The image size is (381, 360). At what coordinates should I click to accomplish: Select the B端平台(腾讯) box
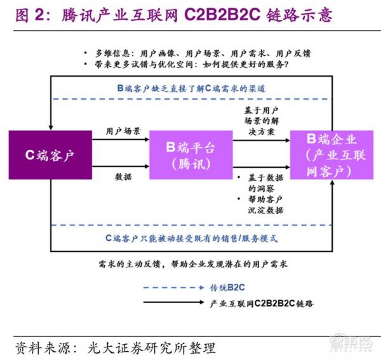(190, 155)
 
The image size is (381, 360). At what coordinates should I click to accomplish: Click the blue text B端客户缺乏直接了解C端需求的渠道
(190, 89)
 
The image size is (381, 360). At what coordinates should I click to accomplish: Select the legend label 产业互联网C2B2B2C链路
(261, 303)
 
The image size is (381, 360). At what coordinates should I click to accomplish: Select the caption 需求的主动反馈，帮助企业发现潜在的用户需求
(190, 263)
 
